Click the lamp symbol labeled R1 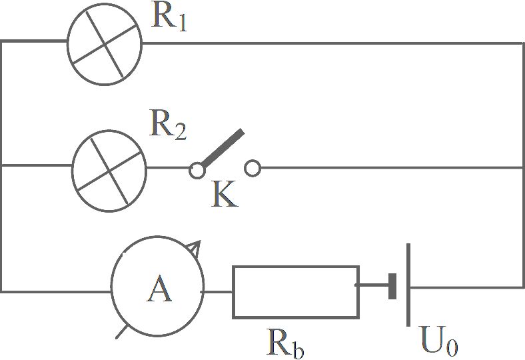[x=105, y=44]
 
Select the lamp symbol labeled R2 [x=109, y=171]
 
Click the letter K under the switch [x=225, y=195]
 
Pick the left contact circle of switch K [x=197, y=170]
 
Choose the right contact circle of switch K [x=253, y=168]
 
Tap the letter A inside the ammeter [x=159, y=289]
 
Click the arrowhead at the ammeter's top [x=194, y=248]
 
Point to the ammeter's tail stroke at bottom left [x=121, y=332]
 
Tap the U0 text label [x=439, y=341]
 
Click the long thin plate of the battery [x=408, y=285]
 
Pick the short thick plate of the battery [x=392, y=286]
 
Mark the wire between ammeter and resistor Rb [x=218, y=292]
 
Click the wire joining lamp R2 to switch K [x=168, y=167]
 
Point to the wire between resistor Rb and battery [x=374, y=285]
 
